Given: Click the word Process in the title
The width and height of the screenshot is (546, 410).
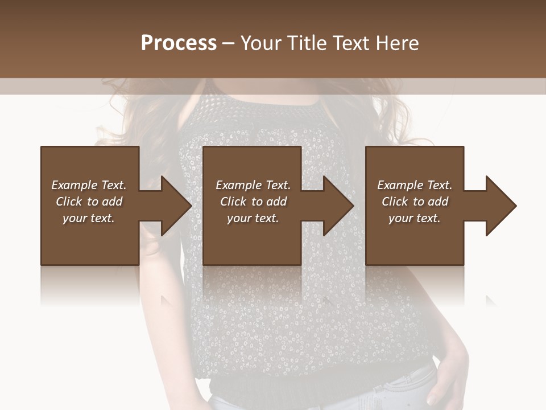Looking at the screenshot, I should pyautogui.click(x=179, y=43).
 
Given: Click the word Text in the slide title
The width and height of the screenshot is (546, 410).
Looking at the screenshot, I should pyautogui.click(x=351, y=43).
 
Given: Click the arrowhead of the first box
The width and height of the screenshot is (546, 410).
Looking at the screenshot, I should pyautogui.click(x=174, y=206).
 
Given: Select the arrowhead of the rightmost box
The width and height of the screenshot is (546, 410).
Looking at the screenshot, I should pyautogui.click(x=499, y=206).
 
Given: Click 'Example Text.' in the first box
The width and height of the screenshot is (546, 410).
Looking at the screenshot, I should pyautogui.click(x=89, y=185).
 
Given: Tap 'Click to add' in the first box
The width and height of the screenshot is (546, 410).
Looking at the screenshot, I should pyautogui.click(x=89, y=202).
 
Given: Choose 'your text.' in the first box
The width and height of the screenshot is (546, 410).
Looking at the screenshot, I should pyautogui.click(x=89, y=218).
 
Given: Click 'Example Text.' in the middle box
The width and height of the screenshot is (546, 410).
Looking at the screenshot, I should pyautogui.click(x=253, y=185).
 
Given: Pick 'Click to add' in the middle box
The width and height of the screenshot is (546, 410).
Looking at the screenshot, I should pyautogui.click(x=253, y=202).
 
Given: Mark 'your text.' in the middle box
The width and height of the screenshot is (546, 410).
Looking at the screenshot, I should pyautogui.click(x=253, y=218).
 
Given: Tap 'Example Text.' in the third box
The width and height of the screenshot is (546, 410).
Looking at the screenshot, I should pyautogui.click(x=415, y=185).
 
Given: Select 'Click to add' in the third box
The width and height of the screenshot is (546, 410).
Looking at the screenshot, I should pyautogui.click(x=415, y=202).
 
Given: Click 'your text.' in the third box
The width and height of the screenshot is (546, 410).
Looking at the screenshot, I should pyautogui.click(x=415, y=218).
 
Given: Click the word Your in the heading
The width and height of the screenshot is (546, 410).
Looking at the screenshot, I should pyautogui.click(x=260, y=43).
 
